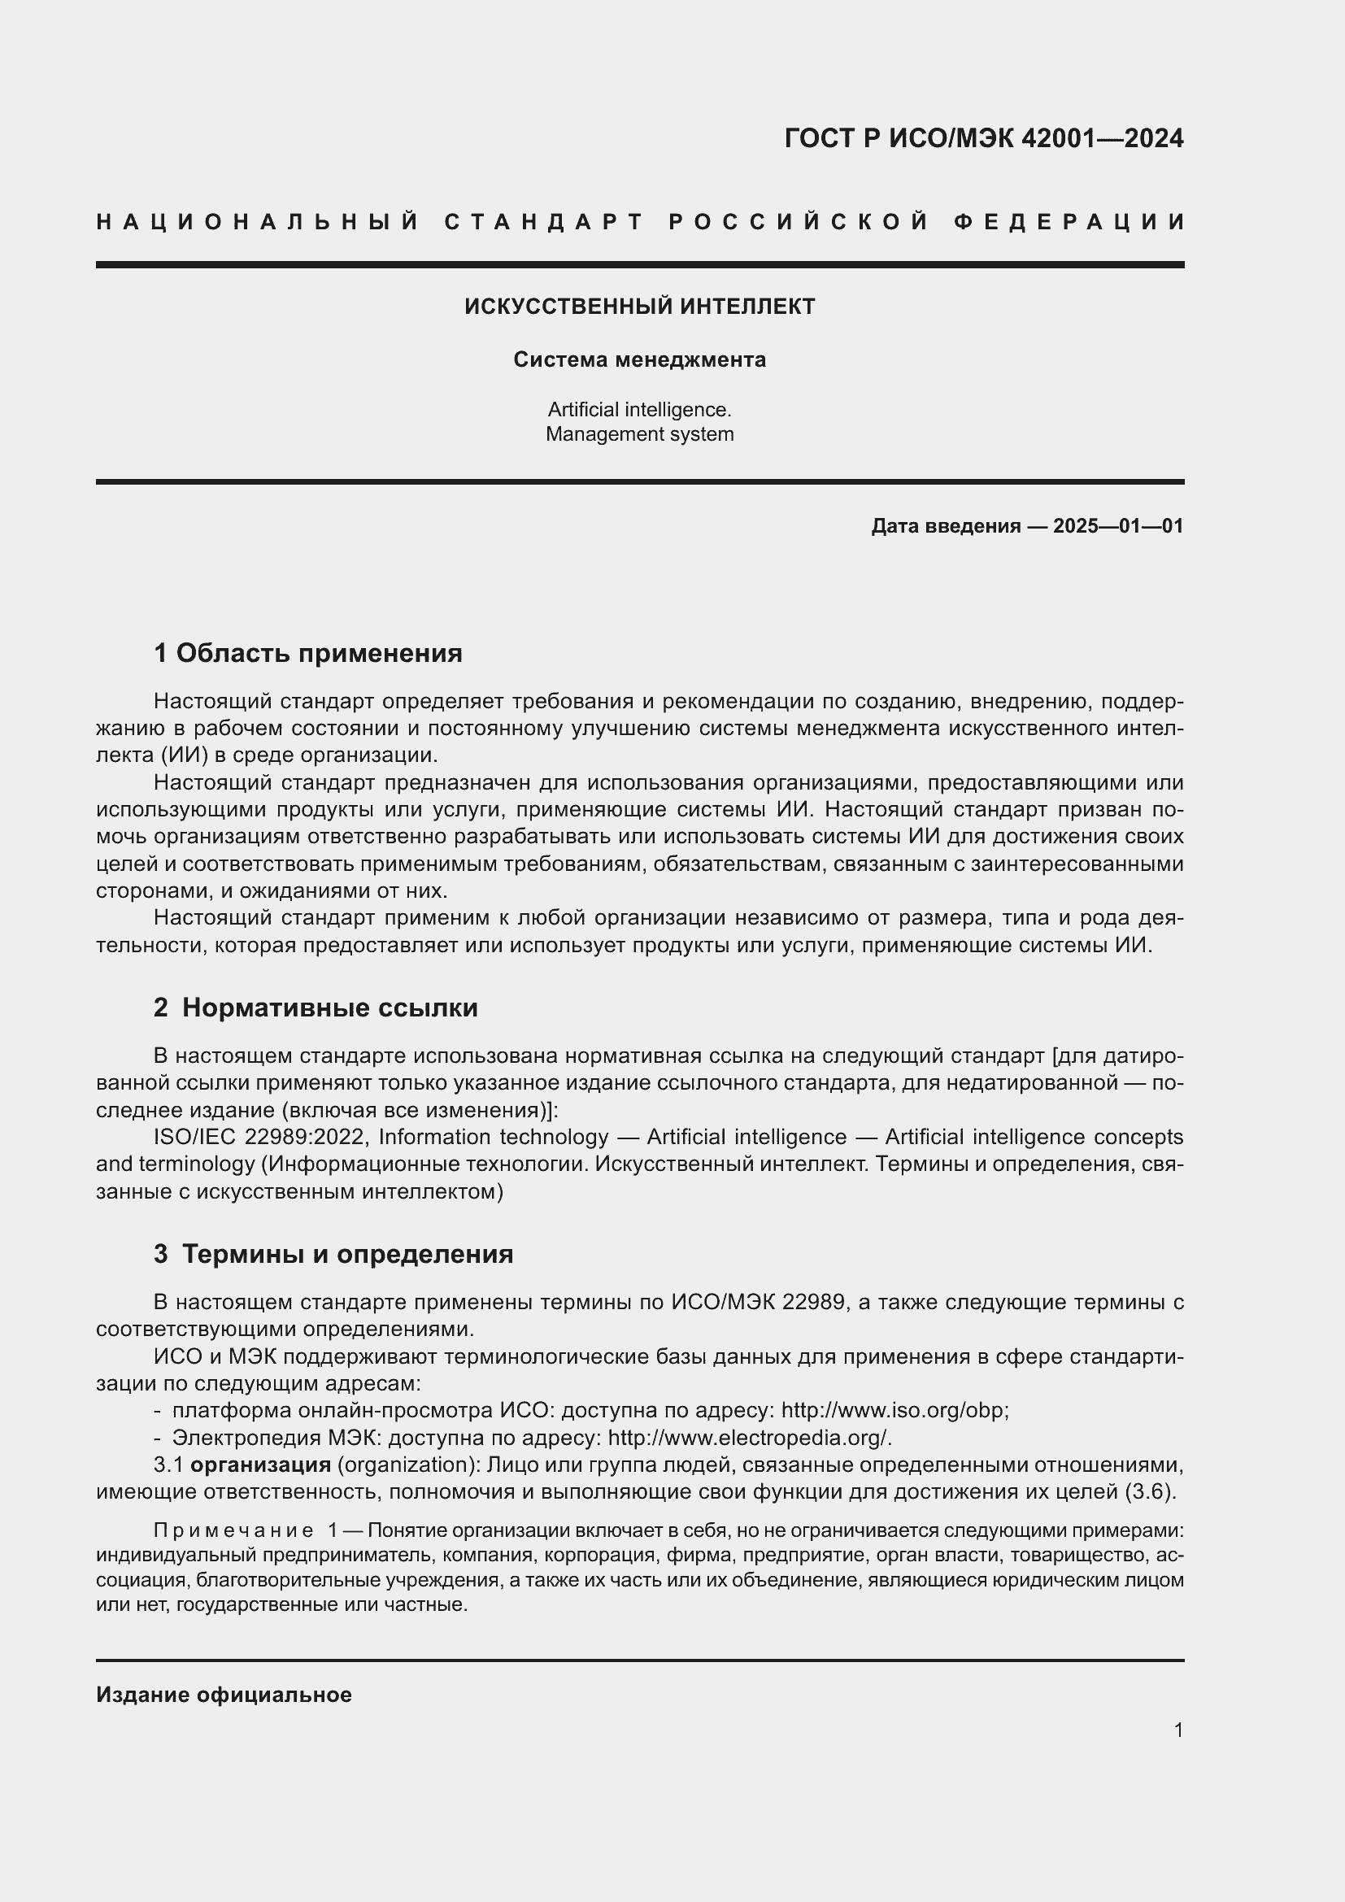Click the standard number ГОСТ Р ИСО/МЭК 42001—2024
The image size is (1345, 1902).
[x=984, y=138]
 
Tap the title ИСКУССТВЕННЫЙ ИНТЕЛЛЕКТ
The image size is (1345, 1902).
[x=639, y=307]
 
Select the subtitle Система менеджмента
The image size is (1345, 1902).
[x=639, y=359]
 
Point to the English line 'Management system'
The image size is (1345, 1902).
[x=639, y=434]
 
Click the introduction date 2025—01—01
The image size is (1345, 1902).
[x=1117, y=526]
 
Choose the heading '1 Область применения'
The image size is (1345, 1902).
[x=308, y=654]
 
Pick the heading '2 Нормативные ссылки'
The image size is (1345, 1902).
[x=316, y=1008]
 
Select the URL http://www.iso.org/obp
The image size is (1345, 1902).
[x=894, y=1410]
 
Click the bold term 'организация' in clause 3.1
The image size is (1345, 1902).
[x=261, y=1465]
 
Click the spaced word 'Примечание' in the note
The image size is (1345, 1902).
[x=233, y=1530]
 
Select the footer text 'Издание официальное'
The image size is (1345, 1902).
[x=224, y=1695]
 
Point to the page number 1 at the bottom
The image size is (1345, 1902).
[x=1177, y=1730]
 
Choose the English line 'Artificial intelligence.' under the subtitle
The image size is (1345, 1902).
[x=639, y=409]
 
